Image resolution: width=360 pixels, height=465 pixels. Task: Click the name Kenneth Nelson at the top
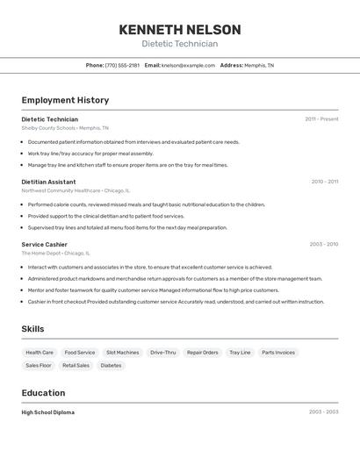(180, 29)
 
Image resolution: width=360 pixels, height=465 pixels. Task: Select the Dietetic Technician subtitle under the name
(180, 44)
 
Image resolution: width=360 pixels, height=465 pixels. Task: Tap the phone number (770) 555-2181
(122, 65)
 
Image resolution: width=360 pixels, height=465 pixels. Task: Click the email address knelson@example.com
(188, 65)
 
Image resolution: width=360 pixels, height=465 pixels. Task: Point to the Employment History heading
(65, 100)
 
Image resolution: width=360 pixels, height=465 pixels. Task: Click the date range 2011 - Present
(321, 119)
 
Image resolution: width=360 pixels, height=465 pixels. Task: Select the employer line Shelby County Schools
(65, 128)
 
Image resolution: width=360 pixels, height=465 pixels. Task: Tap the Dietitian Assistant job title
(48, 182)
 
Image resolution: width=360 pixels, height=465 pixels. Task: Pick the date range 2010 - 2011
(324, 182)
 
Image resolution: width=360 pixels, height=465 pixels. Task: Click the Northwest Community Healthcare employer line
(76, 190)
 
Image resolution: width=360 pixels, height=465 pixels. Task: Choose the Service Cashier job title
(44, 245)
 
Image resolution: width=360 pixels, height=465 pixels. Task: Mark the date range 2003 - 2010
(323, 245)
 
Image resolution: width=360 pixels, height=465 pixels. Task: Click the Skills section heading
(33, 329)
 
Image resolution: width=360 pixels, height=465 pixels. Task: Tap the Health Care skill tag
(40, 353)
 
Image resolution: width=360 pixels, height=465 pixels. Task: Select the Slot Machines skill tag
(122, 353)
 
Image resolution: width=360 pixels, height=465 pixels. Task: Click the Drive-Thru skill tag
(162, 353)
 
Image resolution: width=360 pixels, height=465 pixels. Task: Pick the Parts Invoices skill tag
(278, 353)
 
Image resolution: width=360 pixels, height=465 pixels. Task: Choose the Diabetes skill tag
(111, 365)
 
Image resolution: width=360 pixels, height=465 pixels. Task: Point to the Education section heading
(43, 393)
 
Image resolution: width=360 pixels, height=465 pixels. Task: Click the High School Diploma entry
(48, 412)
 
